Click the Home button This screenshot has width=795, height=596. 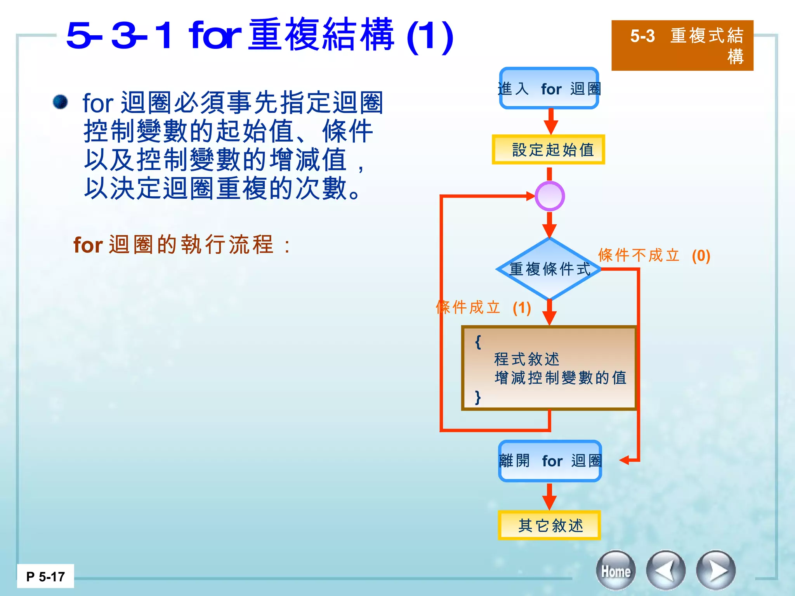pyautogui.click(x=616, y=571)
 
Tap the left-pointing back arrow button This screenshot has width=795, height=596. pyautogui.click(x=665, y=571)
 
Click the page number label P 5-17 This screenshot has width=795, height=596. pyautogui.click(x=45, y=576)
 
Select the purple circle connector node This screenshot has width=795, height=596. pyautogui.click(x=549, y=196)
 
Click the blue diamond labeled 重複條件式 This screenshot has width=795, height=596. pyautogui.click(x=549, y=269)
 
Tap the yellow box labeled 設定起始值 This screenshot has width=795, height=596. pyautogui.click(x=549, y=150)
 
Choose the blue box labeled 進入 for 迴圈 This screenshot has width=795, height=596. pyautogui.click(x=549, y=88)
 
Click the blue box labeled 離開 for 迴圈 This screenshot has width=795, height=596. pyautogui.click(x=550, y=461)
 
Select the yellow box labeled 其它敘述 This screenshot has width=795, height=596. pyautogui.click(x=549, y=525)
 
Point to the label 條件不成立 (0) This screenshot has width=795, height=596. pyautogui.click(x=654, y=255)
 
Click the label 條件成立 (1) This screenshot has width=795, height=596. pyautogui.click(x=483, y=307)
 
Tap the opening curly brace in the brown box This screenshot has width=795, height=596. pyautogui.click(x=478, y=342)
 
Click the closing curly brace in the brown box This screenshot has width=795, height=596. pyautogui.click(x=478, y=397)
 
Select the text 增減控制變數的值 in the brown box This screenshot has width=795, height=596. pyautogui.click(x=560, y=378)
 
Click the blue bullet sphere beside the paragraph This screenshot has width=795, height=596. pyautogui.click(x=61, y=102)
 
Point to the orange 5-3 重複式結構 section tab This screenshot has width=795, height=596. pyautogui.click(x=682, y=45)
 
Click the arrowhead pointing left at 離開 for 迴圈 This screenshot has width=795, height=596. pyautogui.click(x=624, y=461)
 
